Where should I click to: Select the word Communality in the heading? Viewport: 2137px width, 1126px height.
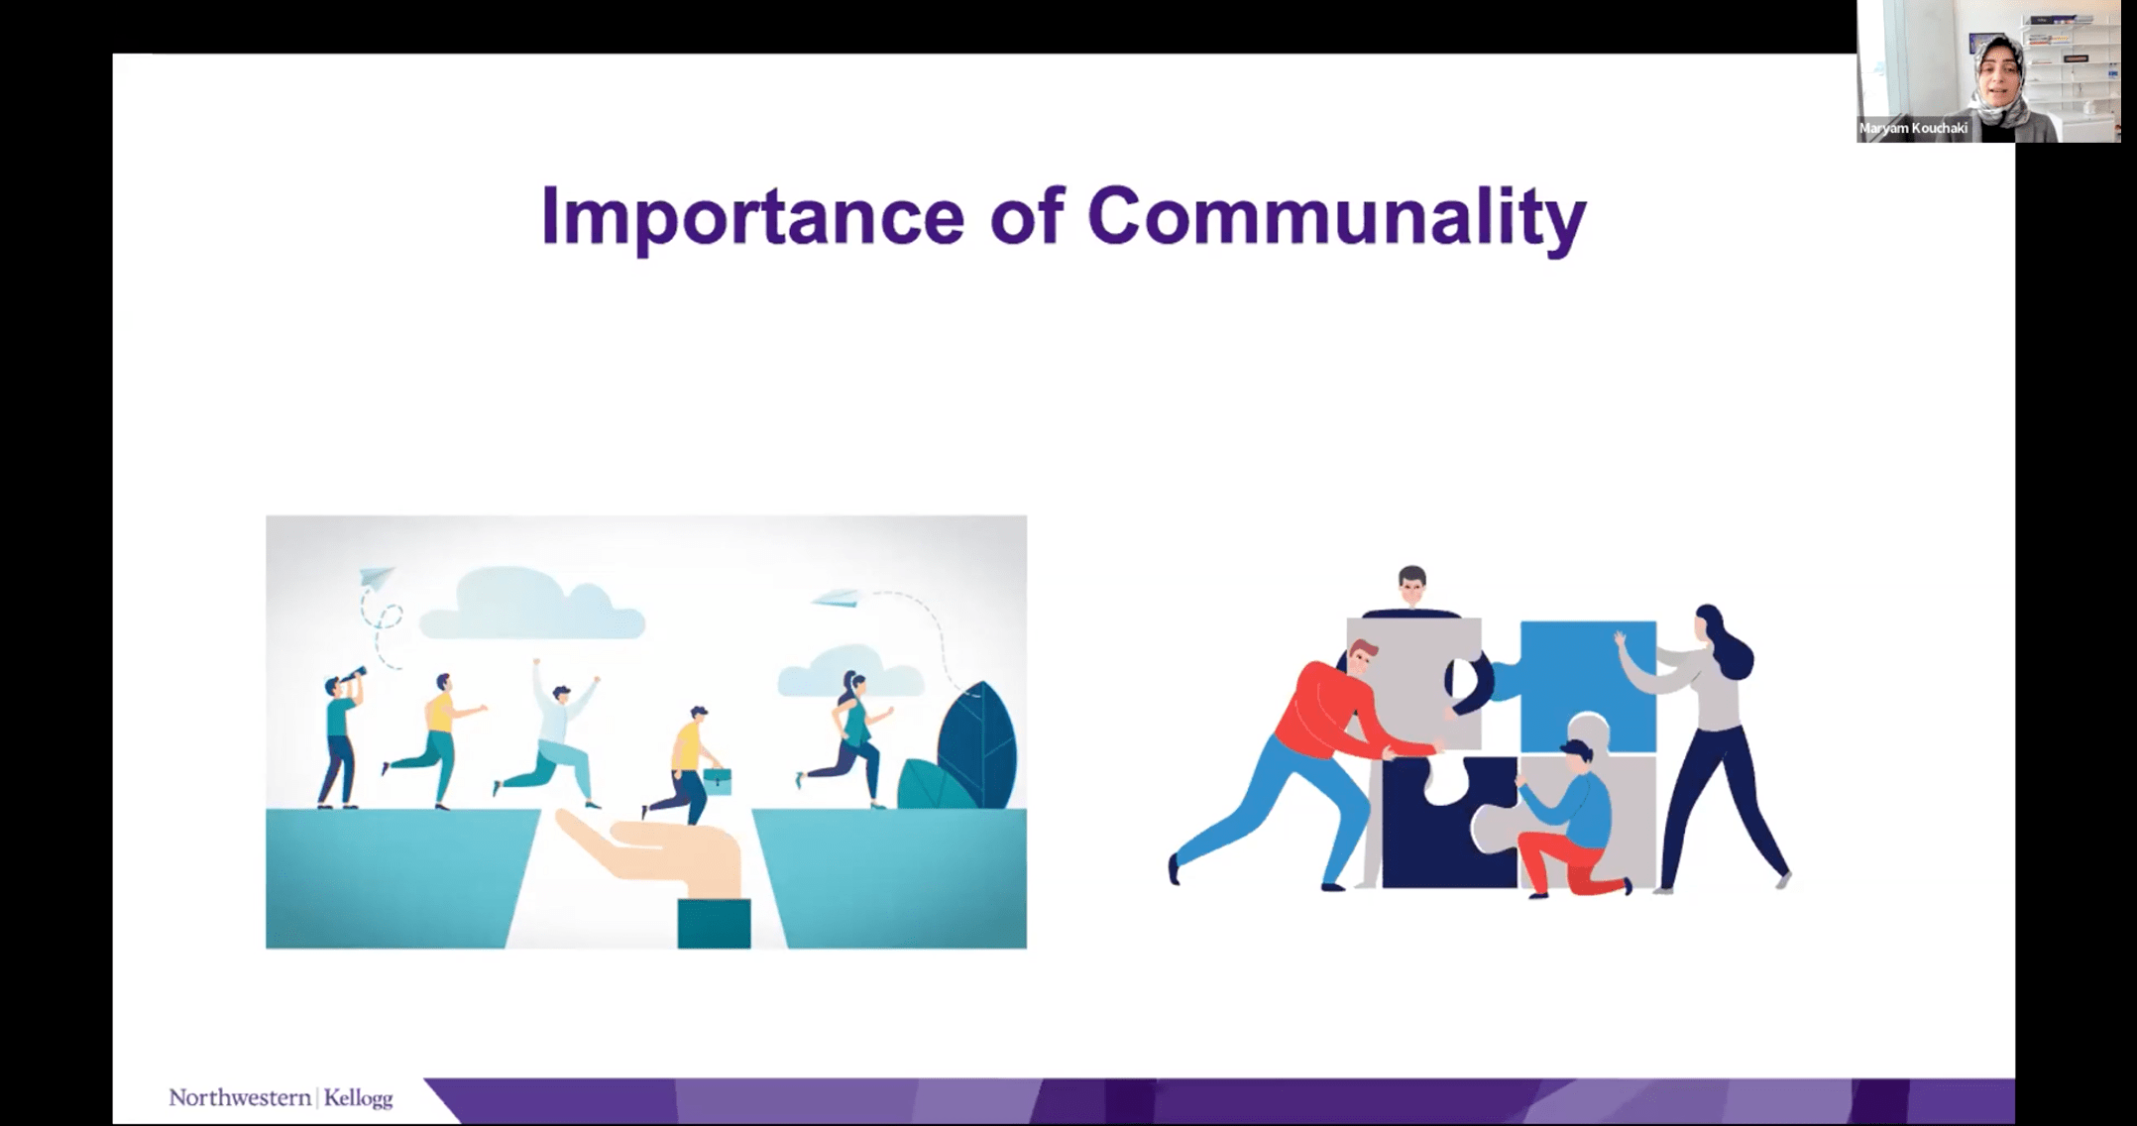pos(1337,216)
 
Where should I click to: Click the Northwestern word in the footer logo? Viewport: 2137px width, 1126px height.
pos(240,1097)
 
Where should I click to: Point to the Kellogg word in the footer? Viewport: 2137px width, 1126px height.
pos(358,1098)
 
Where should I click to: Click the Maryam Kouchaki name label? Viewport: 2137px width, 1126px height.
pos(1913,128)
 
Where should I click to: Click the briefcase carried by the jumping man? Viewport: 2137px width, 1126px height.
pos(718,781)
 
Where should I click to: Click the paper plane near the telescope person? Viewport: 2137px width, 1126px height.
pos(376,576)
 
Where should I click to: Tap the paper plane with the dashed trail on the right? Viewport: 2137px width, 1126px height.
pos(836,597)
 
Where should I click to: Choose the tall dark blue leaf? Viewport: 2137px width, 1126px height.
pos(977,743)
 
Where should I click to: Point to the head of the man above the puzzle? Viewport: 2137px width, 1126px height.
pos(1411,586)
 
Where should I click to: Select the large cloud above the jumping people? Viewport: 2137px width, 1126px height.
pos(532,605)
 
